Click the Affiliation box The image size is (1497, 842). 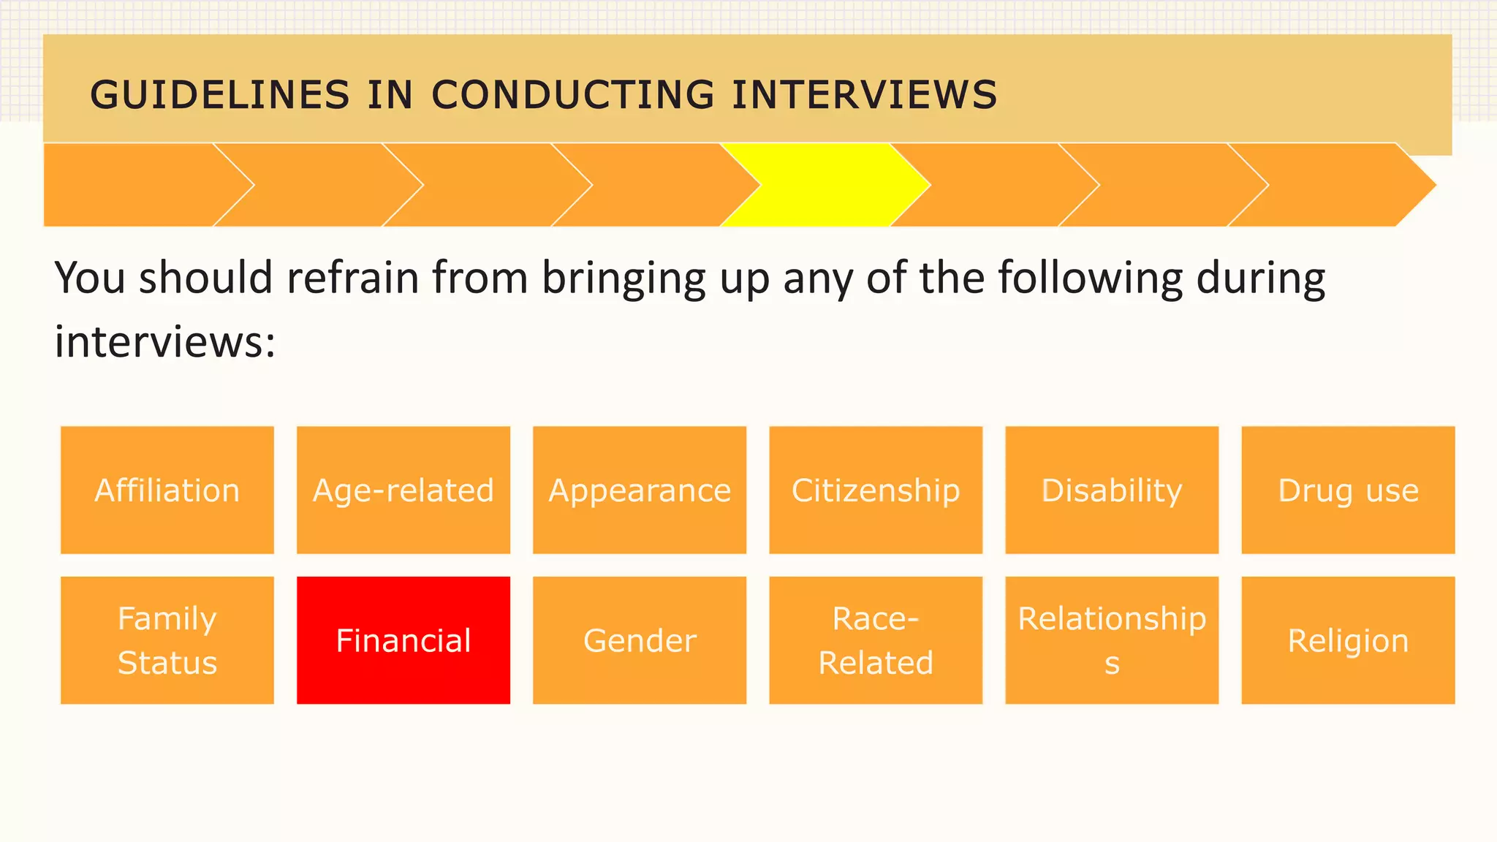167,490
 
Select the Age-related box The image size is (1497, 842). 403,490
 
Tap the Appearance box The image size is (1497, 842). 640,490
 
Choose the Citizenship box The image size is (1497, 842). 876,490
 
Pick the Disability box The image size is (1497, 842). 1112,490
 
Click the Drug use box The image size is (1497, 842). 1348,490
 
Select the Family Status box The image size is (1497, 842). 167,640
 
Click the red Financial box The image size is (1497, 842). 403,640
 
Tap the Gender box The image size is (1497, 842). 640,640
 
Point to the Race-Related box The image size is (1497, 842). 876,640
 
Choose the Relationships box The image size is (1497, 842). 1112,640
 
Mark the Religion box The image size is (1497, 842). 1348,640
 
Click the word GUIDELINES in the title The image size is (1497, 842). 220,96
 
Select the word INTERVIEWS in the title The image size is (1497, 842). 865,96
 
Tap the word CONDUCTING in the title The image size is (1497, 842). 573,96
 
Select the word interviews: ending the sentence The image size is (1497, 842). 165,342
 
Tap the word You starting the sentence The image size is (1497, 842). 90,278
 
